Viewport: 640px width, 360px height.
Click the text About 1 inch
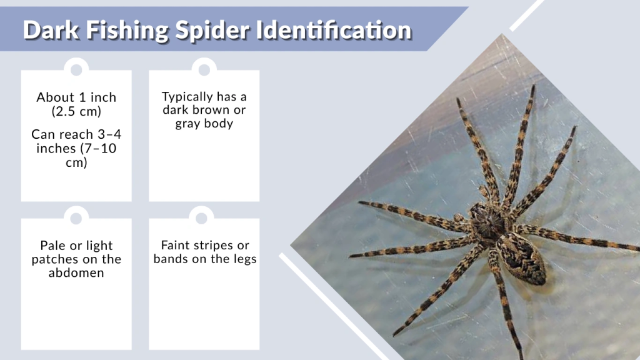click(x=76, y=97)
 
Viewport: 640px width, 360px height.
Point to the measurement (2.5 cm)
click(x=76, y=111)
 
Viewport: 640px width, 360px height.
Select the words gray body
click(x=204, y=123)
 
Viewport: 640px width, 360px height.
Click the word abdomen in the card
click(x=76, y=272)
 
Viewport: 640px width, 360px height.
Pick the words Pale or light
click(x=76, y=246)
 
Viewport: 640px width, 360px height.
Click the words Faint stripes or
click(x=205, y=245)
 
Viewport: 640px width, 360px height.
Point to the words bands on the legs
click(x=205, y=259)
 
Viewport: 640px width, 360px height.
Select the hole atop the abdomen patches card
click(x=76, y=218)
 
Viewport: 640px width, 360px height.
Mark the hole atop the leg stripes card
click(x=201, y=218)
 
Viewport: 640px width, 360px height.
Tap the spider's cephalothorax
click(x=488, y=221)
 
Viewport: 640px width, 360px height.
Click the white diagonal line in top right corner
click(x=526, y=15)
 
